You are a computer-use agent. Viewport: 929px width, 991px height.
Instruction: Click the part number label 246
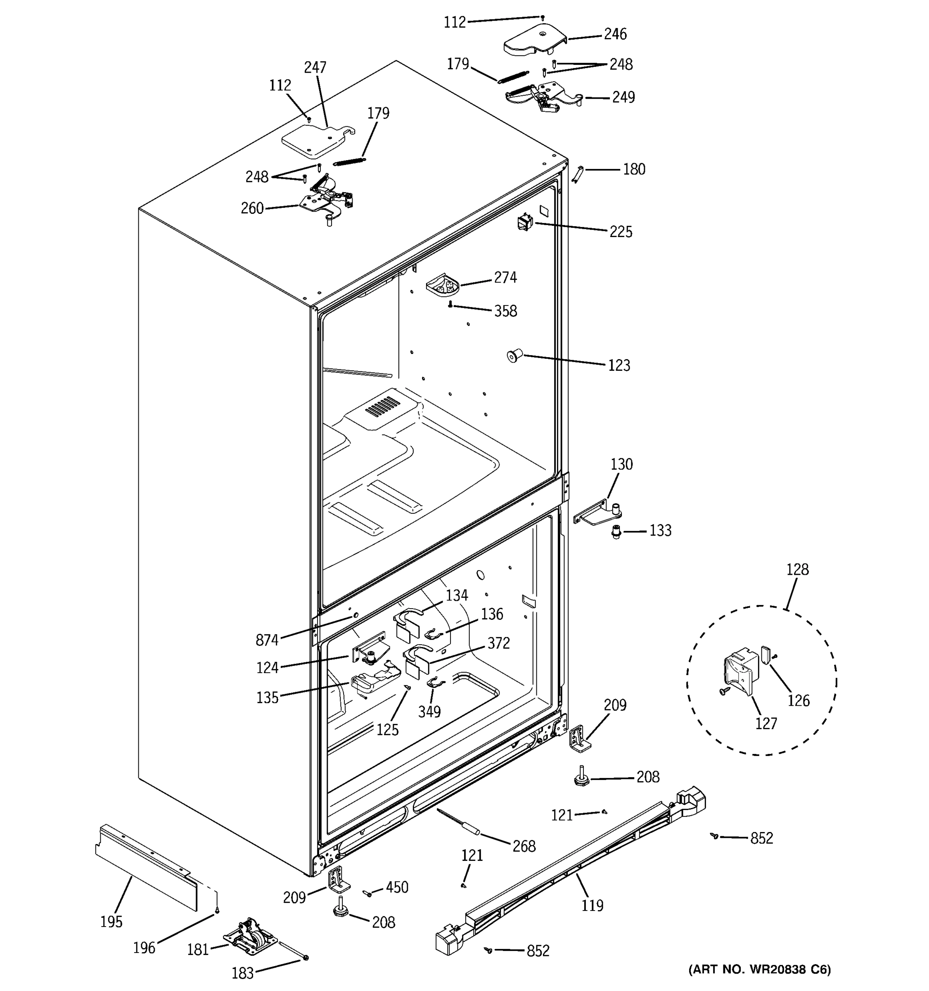pyautogui.click(x=615, y=34)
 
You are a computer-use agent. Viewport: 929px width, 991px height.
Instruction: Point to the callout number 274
pyautogui.click(x=505, y=277)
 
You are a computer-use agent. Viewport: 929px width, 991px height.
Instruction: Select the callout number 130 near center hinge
pyautogui.click(x=621, y=464)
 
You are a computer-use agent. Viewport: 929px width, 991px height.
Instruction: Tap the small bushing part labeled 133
pyautogui.click(x=616, y=532)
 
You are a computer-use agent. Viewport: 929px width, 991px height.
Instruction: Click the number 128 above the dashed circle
pyautogui.click(x=797, y=569)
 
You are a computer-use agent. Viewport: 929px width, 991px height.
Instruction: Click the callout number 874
pyautogui.click(x=267, y=640)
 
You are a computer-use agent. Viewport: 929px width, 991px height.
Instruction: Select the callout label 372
pyautogui.click(x=498, y=643)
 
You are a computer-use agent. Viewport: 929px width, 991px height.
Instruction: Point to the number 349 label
pyautogui.click(x=429, y=712)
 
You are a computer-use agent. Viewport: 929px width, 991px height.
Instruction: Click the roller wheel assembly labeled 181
pyautogui.click(x=250, y=938)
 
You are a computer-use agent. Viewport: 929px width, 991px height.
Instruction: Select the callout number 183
pyautogui.click(x=243, y=972)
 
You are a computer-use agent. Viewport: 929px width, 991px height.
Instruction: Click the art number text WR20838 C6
pyautogui.click(x=760, y=970)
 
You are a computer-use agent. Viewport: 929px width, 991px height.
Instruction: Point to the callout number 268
pyautogui.click(x=524, y=846)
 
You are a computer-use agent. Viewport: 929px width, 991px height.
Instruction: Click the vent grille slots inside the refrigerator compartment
pyautogui.click(x=382, y=407)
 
